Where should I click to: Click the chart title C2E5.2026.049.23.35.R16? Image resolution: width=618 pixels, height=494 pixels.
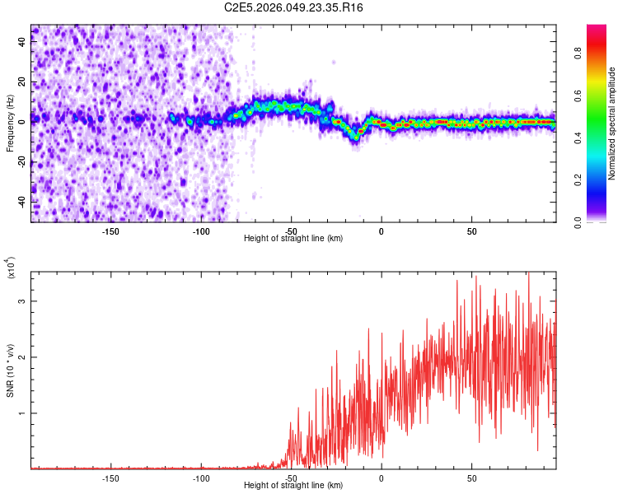pos(294,7)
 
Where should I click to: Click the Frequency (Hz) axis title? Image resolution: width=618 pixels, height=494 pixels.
pos(10,123)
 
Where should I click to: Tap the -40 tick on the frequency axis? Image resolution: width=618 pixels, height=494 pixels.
pos(22,200)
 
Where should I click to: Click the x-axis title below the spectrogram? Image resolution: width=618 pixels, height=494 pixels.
pos(293,238)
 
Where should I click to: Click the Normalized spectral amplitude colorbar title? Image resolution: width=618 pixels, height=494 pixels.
pos(612,123)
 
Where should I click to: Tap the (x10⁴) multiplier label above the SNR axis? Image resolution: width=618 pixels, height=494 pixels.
pos(11,268)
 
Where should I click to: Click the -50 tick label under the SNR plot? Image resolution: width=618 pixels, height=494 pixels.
pos(291,477)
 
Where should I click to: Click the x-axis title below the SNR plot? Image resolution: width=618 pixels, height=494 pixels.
pos(293,485)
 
